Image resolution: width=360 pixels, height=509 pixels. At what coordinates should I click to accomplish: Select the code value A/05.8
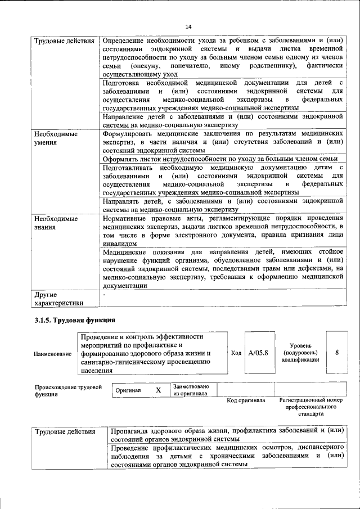[x=258, y=353]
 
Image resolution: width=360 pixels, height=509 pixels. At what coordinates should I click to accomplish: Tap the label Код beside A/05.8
[x=236, y=353]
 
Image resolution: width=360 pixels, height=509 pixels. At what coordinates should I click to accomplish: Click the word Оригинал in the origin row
[x=128, y=390]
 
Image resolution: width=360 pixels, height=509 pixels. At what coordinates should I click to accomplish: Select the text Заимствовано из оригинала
[x=191, y=390]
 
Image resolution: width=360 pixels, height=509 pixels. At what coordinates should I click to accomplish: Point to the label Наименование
[x=53, y=353]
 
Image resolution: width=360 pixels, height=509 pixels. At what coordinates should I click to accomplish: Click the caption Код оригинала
[x=246, y=400]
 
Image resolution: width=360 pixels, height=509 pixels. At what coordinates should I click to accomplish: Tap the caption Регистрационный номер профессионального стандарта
[x=310, y=407]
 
